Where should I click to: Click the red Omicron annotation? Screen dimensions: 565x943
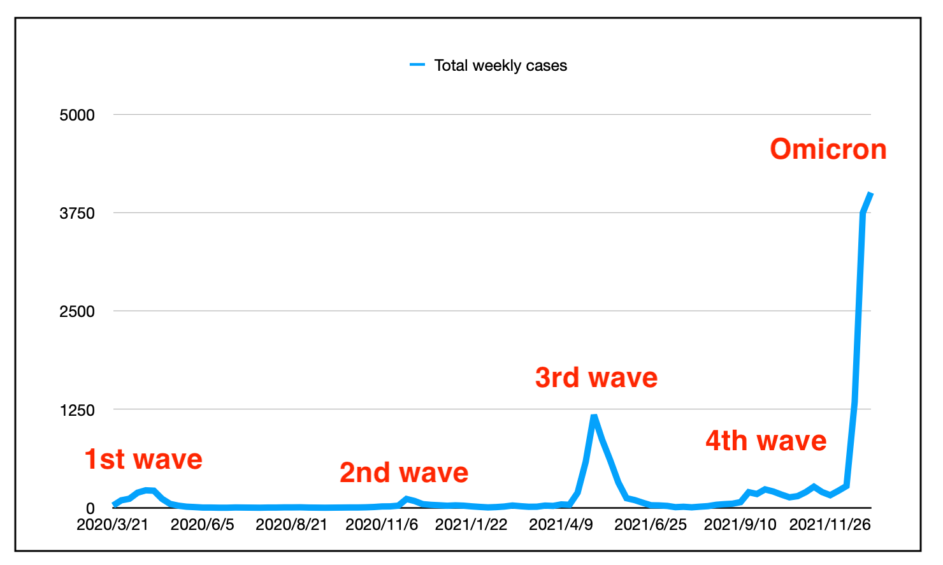828,149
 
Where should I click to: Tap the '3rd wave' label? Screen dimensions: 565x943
596,378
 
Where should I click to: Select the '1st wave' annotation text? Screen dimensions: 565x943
143,459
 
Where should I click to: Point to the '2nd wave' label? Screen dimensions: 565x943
404,473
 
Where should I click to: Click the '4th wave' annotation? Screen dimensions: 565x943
766,441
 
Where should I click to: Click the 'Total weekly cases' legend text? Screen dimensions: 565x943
500,66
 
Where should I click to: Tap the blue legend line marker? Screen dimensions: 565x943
417,65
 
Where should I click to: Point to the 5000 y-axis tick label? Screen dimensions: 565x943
77,115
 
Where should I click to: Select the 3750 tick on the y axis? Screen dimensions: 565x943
77,214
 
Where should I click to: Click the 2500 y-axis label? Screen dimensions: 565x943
77,312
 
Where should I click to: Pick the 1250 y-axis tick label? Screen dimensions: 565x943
77,410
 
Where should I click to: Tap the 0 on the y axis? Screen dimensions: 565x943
90,508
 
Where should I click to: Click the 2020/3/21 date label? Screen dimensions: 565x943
112,525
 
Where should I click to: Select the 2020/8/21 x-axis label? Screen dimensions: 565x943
291,525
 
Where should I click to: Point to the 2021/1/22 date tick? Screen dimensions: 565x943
471,525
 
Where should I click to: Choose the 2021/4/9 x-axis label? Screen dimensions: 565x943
561,525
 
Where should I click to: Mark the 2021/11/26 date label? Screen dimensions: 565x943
830,525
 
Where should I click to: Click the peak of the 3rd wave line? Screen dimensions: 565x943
594,416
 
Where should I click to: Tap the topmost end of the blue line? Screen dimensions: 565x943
870,193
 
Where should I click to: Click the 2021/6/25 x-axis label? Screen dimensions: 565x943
651,525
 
